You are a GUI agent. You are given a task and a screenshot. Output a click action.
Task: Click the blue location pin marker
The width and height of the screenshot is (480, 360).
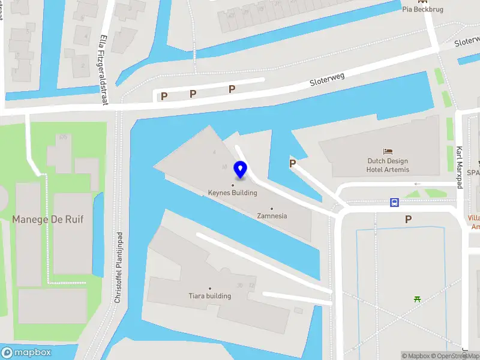tap(241, 170)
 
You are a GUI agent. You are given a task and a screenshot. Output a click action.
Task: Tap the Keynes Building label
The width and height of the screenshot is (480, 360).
tap(232, 193)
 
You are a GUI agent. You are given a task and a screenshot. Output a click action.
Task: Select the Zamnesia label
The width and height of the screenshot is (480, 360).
tap(272, 215)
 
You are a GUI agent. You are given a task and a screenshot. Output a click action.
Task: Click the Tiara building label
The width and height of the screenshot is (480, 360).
tap(209, 296)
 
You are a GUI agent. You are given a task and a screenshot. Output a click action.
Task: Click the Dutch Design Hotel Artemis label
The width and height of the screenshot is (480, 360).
tap(388, 165)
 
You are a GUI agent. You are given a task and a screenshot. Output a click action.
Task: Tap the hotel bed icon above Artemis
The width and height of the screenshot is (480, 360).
tap(388, 152)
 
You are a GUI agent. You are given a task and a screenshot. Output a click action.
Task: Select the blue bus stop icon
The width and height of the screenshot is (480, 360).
tap(394, 202)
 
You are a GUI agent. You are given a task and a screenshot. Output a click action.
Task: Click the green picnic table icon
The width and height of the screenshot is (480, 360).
tap(416, 298)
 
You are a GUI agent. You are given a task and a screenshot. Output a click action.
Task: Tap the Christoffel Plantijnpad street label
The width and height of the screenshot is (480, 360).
tap(119, 266)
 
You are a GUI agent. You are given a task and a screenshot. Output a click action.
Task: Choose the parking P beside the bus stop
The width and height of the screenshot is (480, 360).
tap(409, 220)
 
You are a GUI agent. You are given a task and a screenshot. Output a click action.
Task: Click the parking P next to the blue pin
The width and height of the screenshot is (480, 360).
tap(293, 163)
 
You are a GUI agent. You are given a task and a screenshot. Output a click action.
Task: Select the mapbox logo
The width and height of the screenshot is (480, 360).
tap(26, 352)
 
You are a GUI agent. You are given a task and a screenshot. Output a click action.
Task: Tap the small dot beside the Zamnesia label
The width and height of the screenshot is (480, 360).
tap(271, 208)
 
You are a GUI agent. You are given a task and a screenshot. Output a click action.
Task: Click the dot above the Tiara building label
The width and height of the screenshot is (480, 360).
tap(209, 289)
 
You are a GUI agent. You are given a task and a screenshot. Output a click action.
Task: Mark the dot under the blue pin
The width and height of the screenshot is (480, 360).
tap(233, 185)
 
